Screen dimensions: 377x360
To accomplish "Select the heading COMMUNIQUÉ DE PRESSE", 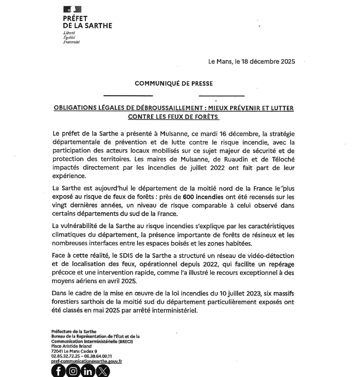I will pos(174,84).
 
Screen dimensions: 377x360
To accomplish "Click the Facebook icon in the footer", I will pos(59,371).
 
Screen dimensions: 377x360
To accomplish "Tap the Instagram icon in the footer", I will pos(73,371).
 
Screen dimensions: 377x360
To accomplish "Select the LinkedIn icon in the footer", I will pos(87,371).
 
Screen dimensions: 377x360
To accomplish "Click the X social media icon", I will pos(103,371).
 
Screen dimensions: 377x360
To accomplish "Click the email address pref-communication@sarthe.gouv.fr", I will pos(86,361).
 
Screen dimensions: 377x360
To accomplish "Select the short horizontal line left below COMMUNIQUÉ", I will pos(128,96).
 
